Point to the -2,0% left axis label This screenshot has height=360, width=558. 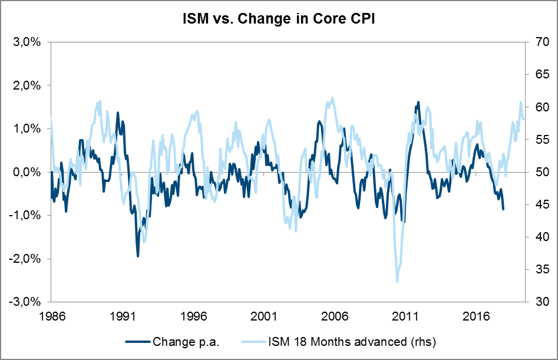click(27, 259)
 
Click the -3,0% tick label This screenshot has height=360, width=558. click(27, 302)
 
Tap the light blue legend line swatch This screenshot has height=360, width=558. click(253, 341)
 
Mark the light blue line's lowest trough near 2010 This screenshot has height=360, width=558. click(397, 282)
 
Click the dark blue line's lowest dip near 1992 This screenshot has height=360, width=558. click(138, 256)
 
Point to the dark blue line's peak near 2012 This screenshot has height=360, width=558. click(418, 102)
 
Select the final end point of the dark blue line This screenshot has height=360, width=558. click(503, 209)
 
